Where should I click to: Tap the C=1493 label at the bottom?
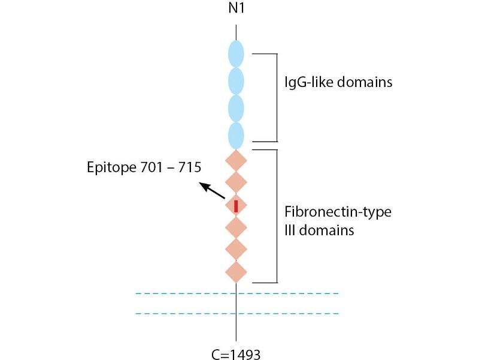tap(236, 355)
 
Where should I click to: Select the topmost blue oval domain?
tap(237, 54)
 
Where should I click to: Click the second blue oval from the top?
tap(237, 82)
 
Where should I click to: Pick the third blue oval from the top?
tap(237, 109)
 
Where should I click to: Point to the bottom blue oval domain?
tap(237, 136)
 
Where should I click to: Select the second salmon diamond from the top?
tap(237, 182)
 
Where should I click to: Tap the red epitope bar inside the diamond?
tap(237, 206)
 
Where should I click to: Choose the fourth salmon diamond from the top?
tap(237, 227)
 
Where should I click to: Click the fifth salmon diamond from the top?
tap(237, 249)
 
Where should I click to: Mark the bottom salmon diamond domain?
tap(237, 271)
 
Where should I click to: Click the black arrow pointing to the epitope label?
tap(213, 191)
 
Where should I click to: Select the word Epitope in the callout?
tap(110, 166)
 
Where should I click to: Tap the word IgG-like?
tap(305, 82)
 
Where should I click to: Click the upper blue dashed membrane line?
tap(237, 293)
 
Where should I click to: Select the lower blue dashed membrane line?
tap(237, 313)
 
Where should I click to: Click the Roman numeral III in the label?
tap(289, 230)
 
